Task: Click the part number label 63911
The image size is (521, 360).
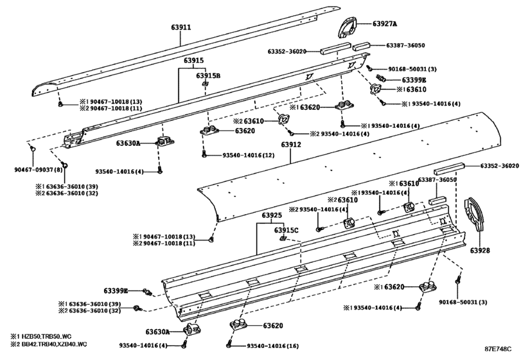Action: coord(181,27)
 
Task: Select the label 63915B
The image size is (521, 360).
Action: coord(208,75)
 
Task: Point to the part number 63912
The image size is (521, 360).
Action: coord(291,145)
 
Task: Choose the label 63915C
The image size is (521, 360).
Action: coord(286,230)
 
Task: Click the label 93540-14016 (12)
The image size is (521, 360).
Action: coord(248,155)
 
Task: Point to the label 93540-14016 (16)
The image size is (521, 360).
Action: coord(272,346)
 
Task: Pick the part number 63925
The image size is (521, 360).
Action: coord(272,215)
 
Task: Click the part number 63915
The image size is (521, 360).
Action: coord(194,60)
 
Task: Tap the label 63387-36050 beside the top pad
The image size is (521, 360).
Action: coord(405,45)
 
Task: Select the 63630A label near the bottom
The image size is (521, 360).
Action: coord(157,332)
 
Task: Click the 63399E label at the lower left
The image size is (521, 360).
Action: coord(116,291)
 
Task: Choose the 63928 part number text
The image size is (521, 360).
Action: coord(480,250)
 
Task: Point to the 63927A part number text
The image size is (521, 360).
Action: coord(385,24)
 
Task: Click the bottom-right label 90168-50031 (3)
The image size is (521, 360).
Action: coord(463,302)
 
